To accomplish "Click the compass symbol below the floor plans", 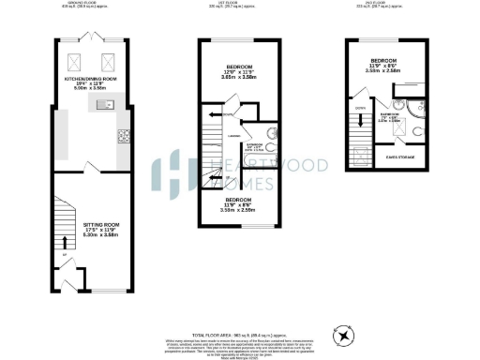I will point(346,335).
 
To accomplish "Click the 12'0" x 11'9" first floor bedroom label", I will point(239,72).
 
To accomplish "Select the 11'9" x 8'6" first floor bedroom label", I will point(239,204).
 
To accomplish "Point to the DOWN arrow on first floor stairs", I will point(214,114).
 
